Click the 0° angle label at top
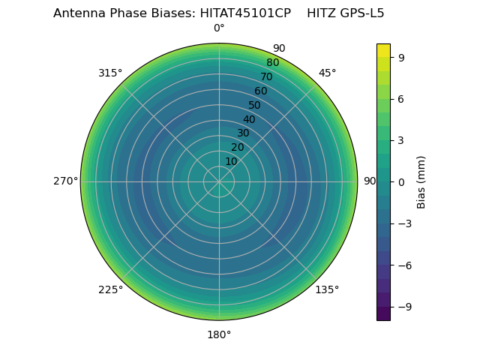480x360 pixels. pos(219,28)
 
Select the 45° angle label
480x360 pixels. pos(327,73)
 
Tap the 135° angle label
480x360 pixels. pos(327,289)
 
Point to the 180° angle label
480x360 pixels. pos(219,334)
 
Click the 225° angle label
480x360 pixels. pos(110,289)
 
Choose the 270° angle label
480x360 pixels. pos(65,181)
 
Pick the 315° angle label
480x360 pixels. pos(110,73)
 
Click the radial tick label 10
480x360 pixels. pos(231,161)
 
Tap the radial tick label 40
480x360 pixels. pos(249,119)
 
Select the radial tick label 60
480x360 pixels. pos(260,91)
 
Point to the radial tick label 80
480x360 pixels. pos(272,63)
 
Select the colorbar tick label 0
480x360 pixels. pos(401,181)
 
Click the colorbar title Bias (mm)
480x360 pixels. pos(421,181)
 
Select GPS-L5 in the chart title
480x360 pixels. pos(364,13)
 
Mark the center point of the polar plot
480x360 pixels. pos(219,181)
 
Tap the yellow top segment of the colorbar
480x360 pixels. pos(383,50)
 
